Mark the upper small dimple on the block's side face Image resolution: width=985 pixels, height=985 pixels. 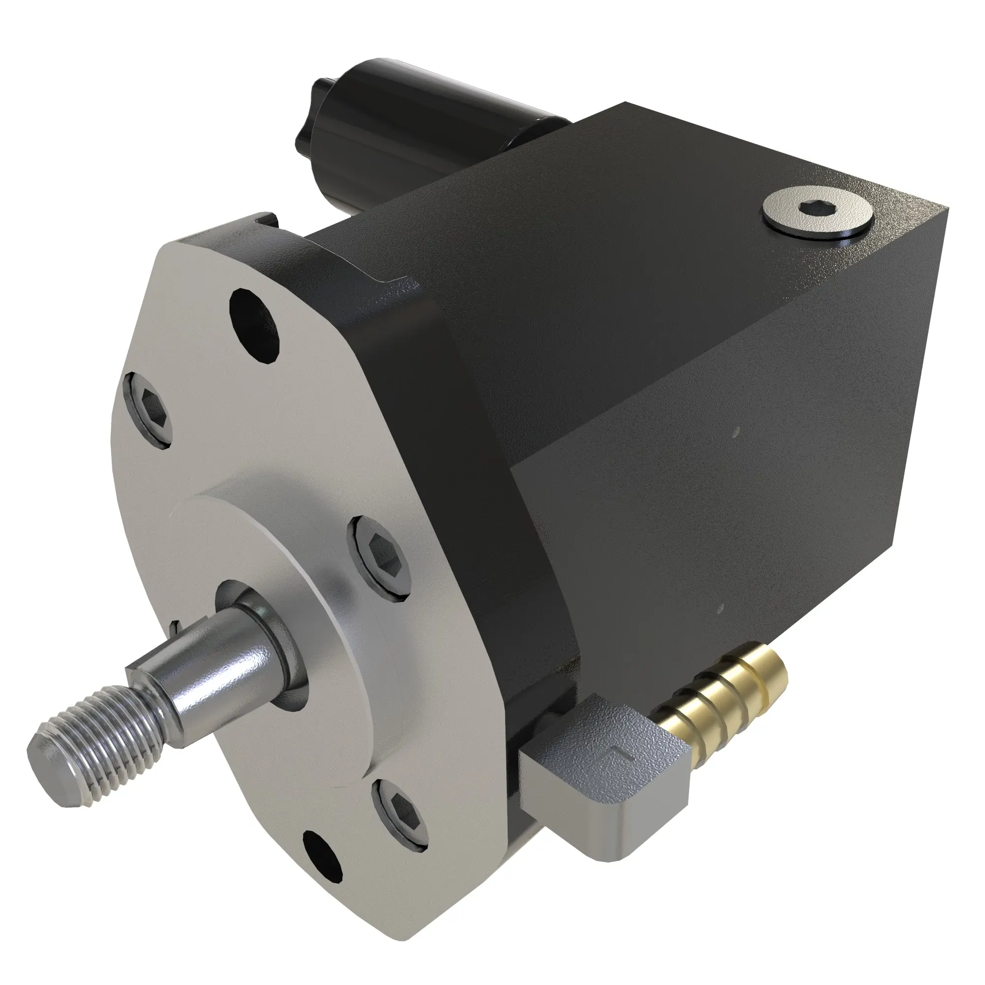pos(735,433)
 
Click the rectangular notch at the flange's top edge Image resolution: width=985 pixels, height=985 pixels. pos(268,221)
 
